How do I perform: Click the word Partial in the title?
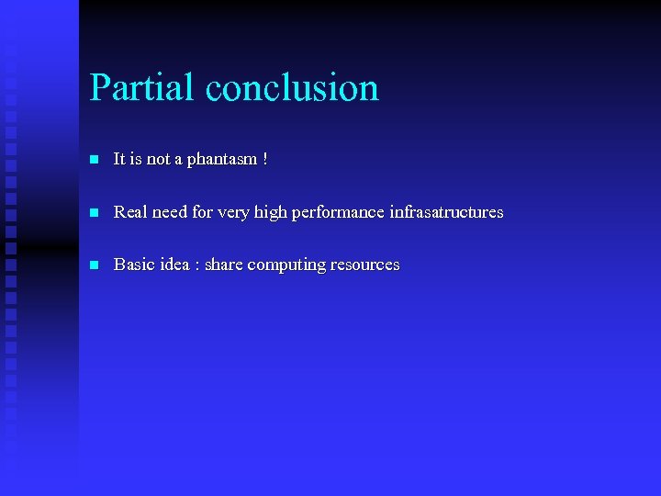(141, 88)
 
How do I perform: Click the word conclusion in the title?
(292, 88)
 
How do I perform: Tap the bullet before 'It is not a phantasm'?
(93, 160)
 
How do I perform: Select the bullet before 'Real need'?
(93, 212)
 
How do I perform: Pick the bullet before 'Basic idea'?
(93, 265)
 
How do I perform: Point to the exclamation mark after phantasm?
(265, 159)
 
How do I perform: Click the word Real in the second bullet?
(130, 212)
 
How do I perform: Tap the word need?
(170, 212)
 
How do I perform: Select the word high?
(270, 212)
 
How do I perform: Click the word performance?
(338, 212)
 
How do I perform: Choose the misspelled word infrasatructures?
(446, 212)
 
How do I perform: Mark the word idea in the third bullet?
(174, 265)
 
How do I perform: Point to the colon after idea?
(197, 265)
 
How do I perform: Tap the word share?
(224, 265)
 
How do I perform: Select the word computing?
(286, 265)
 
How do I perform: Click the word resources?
(365, 265)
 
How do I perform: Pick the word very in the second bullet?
(231, 213)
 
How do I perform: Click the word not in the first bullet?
(158, 160)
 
